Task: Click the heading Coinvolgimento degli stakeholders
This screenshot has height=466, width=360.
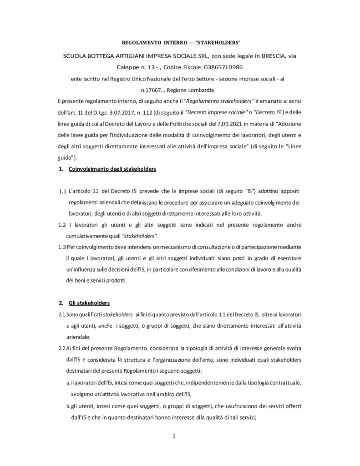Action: point(112,169)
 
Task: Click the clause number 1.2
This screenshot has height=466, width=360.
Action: point(63,225)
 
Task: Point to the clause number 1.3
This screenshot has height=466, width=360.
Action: point(63,248)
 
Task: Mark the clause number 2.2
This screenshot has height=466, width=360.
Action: point(62,348)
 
